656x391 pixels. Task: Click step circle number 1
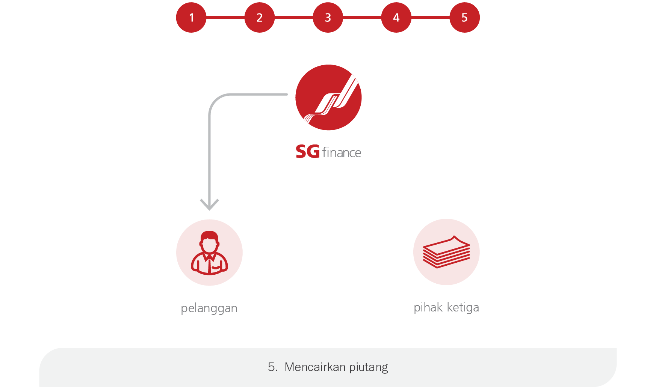click(x=191, y=18)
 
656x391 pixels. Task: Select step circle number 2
click(x=260, y=18)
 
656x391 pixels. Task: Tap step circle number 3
click(x=328, y=18)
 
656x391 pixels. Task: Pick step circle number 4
click(x=396, y=18)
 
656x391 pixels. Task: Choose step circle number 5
click(x=465, y=18)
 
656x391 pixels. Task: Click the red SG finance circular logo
click(x=328, y=98)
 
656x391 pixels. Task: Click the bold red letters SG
click(x=307, y=152)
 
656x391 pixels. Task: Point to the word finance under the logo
click(x=342, y=153)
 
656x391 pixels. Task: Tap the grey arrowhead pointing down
click(x=209, y=205)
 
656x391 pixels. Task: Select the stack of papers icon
click(x=446, y=252)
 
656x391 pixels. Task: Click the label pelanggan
click(x=209, y=308)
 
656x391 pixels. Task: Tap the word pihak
click(x=428, y=308)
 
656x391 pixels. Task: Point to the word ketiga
click(x=463, y=308)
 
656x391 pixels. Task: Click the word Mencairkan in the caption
click(x=315, y=367)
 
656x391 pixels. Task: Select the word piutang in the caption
click(x=368, y=367)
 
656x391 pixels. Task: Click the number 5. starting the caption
click(x=273, y=367)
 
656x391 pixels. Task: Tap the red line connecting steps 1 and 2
click(x=225, y=17)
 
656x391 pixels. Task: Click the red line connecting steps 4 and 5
click(x=431, y=17)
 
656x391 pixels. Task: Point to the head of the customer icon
click(x=209, y=242)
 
